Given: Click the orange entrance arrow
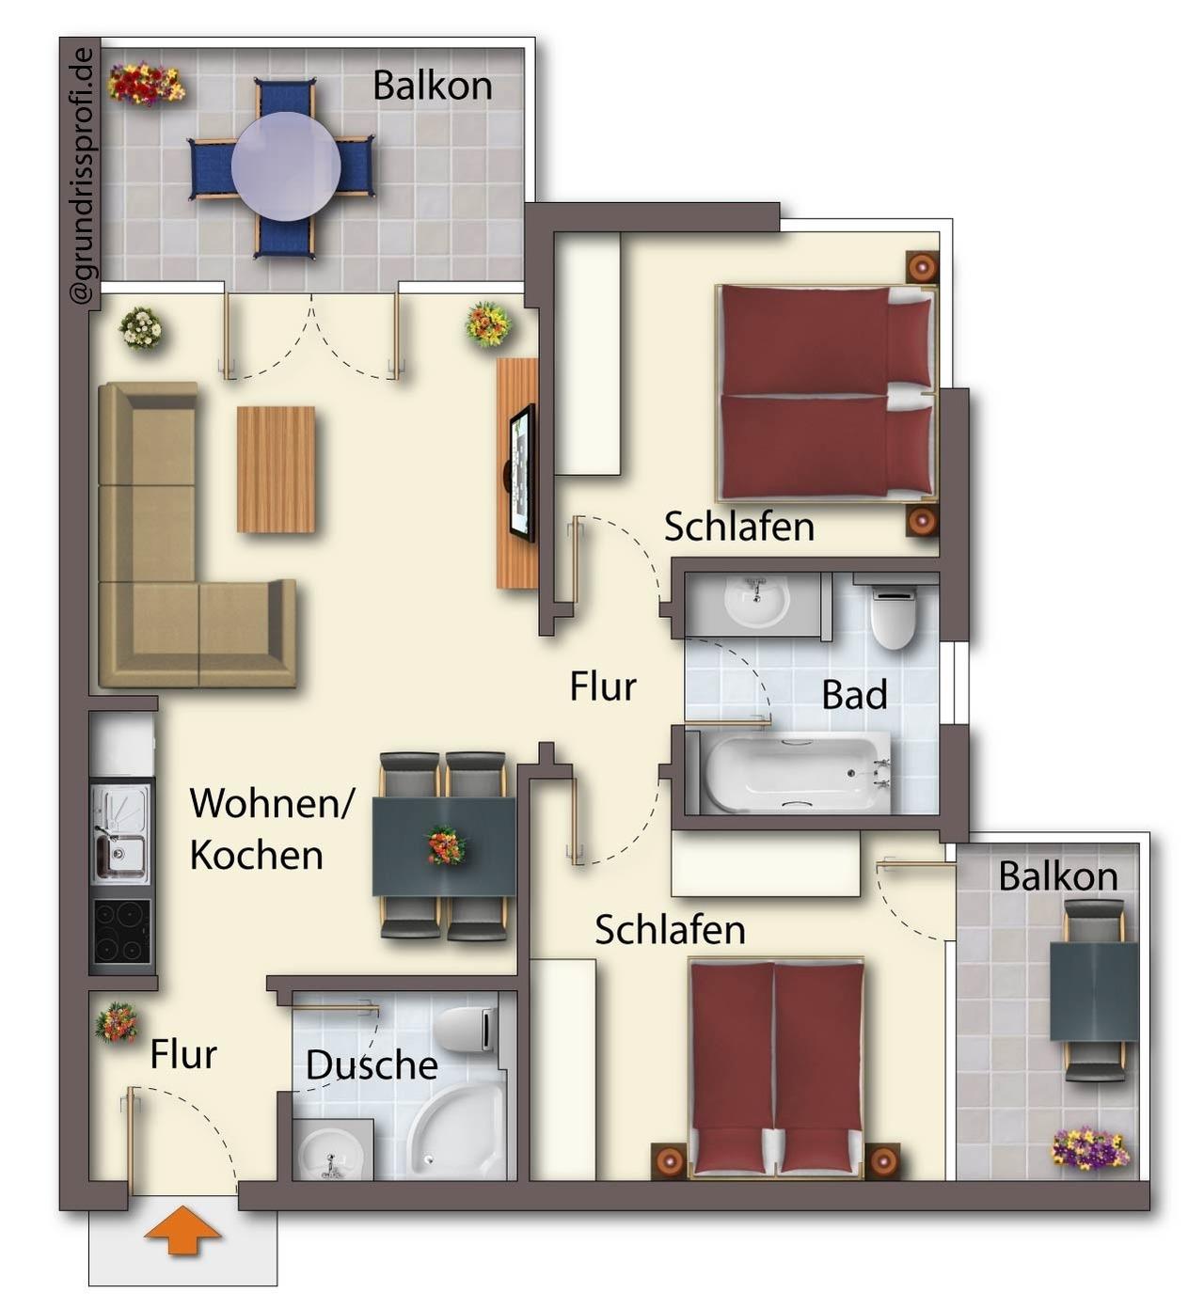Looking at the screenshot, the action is (182, 1230).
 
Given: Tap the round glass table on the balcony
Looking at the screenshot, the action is (286, 166).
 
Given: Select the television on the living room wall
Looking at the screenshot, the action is (522, 472).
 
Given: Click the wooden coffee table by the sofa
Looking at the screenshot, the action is (276, 469).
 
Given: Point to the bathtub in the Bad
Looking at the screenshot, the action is (797, 772).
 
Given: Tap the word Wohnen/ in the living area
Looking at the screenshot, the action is (271, 803).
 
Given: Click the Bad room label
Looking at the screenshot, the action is (854, 694).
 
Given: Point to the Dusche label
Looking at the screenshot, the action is (372, 1064).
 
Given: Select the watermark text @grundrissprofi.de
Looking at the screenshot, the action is (83, 176).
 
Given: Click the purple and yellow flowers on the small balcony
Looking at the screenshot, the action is (1090, 1149).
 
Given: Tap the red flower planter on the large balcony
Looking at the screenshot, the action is (146, 84).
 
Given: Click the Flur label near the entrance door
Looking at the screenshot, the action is (183, 1055).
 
